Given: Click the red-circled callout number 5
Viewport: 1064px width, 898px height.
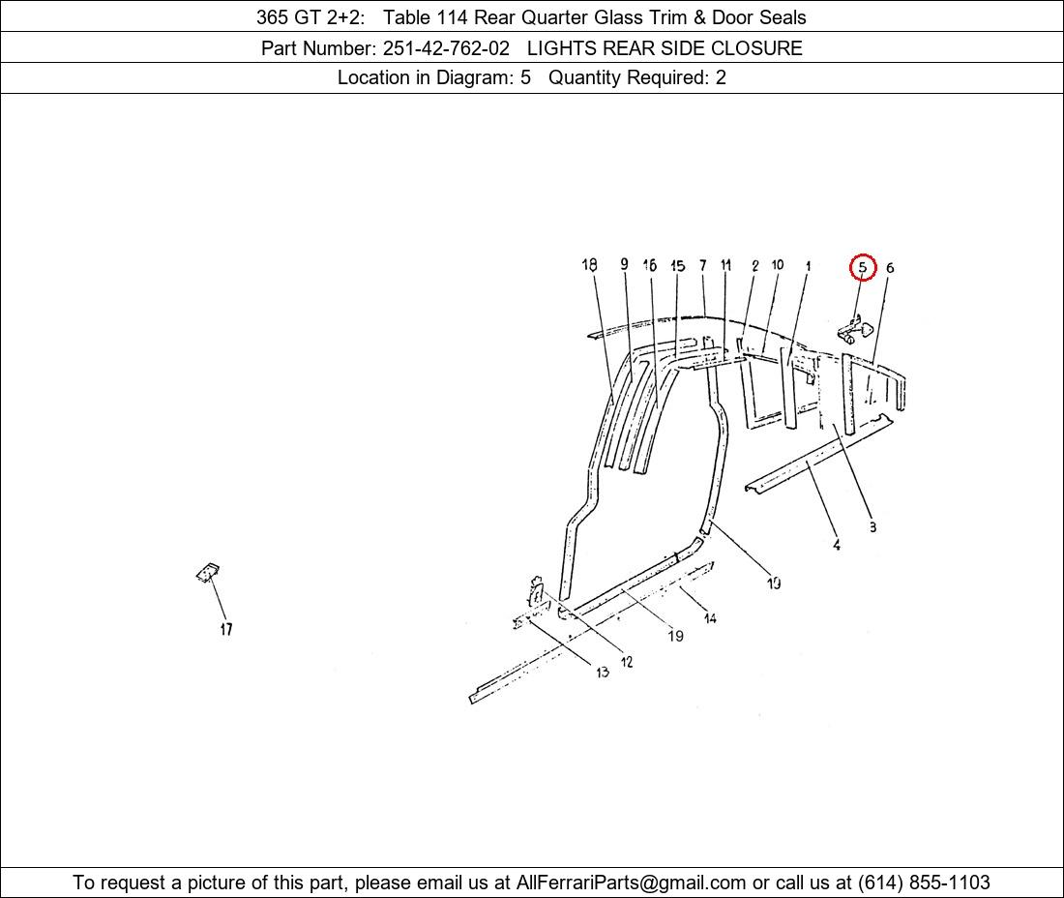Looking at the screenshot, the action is click(x=863, y=267).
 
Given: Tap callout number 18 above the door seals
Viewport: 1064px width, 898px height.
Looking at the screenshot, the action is click(x=589, y=265).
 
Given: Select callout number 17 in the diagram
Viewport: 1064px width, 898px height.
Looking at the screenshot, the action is click(x=226, y=629).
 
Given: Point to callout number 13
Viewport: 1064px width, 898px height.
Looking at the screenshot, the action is click(x=603, y=672).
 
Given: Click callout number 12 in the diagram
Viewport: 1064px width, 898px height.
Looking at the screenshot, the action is click(x=627, y=661).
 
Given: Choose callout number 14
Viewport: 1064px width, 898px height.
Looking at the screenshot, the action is click(x=710, y=617).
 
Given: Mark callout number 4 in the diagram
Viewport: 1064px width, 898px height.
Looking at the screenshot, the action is click(x=837, y=545).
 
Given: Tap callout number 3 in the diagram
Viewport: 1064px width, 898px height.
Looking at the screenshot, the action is click(x=872, y=526).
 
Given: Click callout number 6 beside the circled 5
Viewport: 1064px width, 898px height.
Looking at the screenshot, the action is click(x=890, y=268).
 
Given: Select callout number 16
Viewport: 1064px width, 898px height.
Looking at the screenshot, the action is click(x=649, y=265).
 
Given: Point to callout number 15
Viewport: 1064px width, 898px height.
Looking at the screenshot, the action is click(x=677, y=265).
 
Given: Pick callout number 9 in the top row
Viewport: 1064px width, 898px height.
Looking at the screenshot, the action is click(x=624, y=264).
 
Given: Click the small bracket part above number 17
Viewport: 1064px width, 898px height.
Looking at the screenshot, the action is click(x=208, y=573).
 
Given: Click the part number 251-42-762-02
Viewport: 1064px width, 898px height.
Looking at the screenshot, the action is click(x=446, y=48).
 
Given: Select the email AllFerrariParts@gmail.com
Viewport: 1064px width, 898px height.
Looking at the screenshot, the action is click(x=631, y=883).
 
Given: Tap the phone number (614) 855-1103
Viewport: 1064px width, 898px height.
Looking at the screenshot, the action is click(x=924, y=883).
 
